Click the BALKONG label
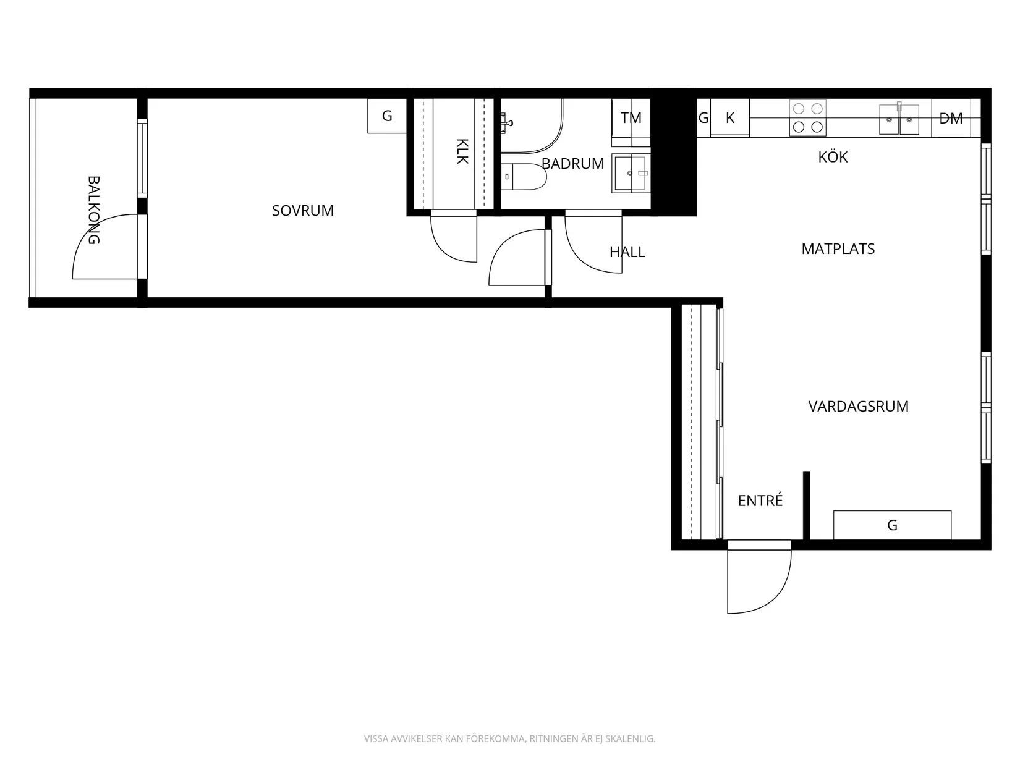tap(93, 210)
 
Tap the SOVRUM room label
tap(303, 211)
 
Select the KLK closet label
tap(462, 151)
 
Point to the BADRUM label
tap(572, 164)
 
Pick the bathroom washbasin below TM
tap(631, 174)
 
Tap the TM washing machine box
tap(631, 117)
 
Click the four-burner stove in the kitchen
tap(808, 118)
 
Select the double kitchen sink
tap(899, 119)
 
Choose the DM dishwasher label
tap(951, 118)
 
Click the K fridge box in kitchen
tap(730, 118)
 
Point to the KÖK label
tap(833, 157)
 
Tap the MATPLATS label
tap(838, 249)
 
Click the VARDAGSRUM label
tap(858, 407)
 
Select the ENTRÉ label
tap(760, 501)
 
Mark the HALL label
tap(627, 252)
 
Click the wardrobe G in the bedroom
tap(387, 116)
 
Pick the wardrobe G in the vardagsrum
tap(892, 525)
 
